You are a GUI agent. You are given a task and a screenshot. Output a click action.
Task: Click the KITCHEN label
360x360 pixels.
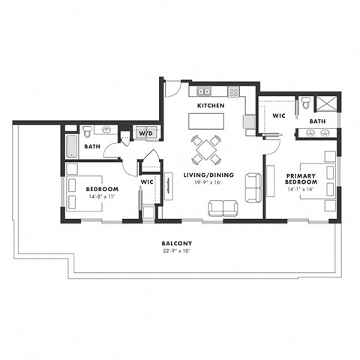click(x=211, y=106)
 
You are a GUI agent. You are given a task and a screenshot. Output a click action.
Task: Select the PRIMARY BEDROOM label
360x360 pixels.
click(x=299, y=181)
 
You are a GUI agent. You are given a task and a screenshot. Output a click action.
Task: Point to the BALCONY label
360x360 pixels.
click(x=178, y=244)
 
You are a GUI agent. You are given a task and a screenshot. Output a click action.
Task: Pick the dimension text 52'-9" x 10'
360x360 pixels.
click(x=178, y=252)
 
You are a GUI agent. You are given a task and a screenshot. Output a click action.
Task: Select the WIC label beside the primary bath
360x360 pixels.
click(x=279, y=116)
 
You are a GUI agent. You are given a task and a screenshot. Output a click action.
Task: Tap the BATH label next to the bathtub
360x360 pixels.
click(x=92, y=147)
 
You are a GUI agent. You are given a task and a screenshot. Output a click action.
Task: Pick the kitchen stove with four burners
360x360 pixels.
click(x=233, y=92)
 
